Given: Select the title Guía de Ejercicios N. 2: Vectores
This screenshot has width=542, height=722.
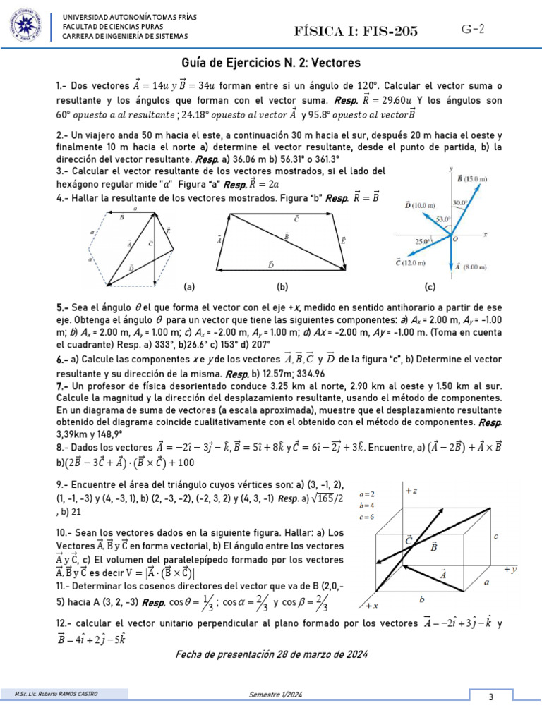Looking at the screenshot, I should pos(271,62).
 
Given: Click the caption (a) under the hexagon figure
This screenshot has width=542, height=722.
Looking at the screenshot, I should pos(189,287).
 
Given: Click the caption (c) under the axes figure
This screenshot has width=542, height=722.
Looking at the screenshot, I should pos(430,287).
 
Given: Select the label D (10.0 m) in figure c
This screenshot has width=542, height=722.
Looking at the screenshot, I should pos(416,205).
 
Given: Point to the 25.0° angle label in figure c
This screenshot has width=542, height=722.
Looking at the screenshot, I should pos(423,241).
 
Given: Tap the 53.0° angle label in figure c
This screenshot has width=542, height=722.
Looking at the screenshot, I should pos(442,219).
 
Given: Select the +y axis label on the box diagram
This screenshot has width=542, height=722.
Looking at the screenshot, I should pos(511,568).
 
